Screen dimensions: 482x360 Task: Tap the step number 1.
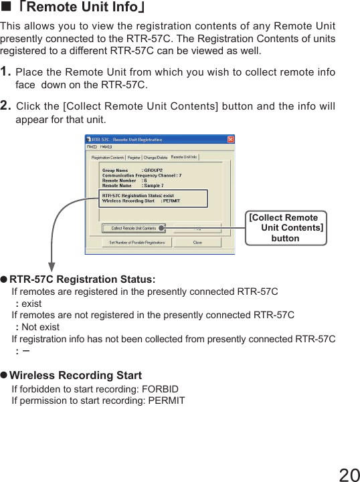5,72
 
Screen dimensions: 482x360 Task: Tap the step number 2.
5,106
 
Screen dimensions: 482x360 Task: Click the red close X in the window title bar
230,140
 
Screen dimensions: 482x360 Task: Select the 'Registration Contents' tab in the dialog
107,158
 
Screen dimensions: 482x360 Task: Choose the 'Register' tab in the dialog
134,158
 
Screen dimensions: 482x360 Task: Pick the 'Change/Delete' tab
156,158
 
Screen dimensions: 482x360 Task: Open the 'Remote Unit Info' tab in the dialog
184,157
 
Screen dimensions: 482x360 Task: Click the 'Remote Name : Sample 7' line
132,185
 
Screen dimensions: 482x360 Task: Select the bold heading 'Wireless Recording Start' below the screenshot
75,376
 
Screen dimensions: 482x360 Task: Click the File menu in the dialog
90,147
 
